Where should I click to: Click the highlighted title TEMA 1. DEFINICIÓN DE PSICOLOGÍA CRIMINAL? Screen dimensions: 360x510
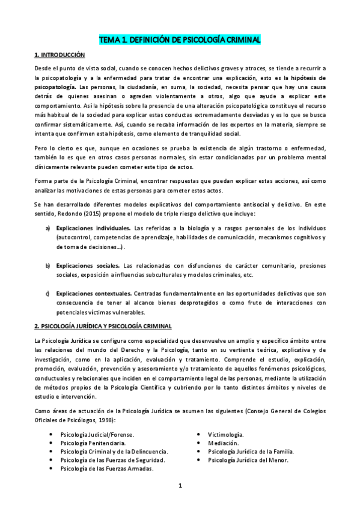pos(180,40)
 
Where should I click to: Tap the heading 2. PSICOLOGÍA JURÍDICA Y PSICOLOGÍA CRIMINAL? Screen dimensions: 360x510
pos(103,326)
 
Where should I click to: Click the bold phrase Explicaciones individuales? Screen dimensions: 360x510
pos(93,229)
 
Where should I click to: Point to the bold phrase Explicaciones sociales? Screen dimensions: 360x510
pos(88,266)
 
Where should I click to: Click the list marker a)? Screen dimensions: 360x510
pos(47,229)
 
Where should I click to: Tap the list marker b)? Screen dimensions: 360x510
pos(47,266)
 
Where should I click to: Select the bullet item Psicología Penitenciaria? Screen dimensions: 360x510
pos(93,442)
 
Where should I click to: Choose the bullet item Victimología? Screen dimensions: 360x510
pos(225,434)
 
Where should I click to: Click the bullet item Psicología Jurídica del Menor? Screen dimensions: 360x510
pos(248,460)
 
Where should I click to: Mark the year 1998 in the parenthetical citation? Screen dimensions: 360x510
pos(103,420)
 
